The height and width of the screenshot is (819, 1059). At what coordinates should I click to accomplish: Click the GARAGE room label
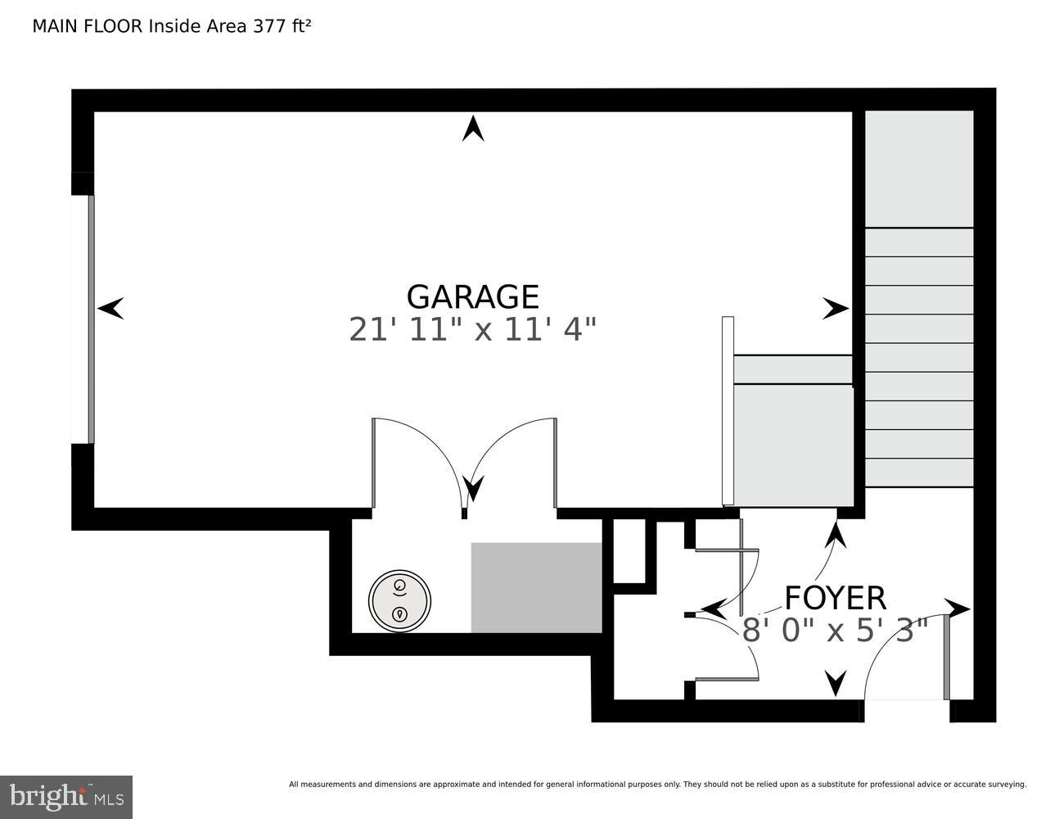[x=472, y=296]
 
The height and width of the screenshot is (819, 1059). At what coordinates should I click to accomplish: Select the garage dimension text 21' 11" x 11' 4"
[x=472, y=329]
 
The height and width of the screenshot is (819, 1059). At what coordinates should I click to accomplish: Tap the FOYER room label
[x=835, y=598]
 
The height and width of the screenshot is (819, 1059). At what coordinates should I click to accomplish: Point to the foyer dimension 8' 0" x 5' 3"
[x=835, y=631]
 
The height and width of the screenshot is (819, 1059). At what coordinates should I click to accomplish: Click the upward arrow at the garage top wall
[x=472, y=129]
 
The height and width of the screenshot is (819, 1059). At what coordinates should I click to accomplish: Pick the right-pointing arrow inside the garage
[x=836, y=309]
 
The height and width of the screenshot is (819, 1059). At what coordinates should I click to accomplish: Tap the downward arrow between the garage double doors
[x=473, y=489]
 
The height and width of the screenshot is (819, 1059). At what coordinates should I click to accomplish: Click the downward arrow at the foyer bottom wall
[x=836, y=682]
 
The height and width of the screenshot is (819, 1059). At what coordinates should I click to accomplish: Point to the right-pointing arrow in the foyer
[x=958, y=609]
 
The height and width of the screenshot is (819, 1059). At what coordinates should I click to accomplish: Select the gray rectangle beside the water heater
[x=536, y=587]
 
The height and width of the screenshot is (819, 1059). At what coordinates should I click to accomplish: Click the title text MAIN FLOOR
[x=88, y=26]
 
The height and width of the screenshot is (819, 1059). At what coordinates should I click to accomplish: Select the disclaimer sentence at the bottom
[x=657, y=785]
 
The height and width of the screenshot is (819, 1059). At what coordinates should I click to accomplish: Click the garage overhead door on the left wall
[x=91, y=319]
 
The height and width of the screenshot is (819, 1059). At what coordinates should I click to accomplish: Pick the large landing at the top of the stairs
[x=919, y=169]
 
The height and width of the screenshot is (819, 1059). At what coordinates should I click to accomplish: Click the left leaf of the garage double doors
[x=374, y=463]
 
